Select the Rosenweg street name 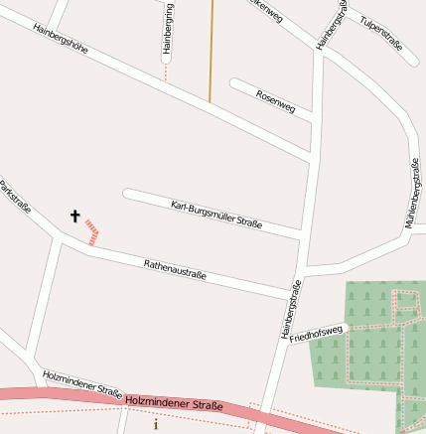tap(275, 100)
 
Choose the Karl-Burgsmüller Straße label tap(216, 215)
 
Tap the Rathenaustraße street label tap(175, 269)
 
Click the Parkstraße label tap(15, 198)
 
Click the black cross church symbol tap(74, 216)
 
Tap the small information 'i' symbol tap(155, 424)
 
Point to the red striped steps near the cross tap(92, 232)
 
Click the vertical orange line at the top tap(211, 50)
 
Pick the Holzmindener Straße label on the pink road tap(174, 404)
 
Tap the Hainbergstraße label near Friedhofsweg tap(291, 310)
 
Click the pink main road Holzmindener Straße tap(60, 394)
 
